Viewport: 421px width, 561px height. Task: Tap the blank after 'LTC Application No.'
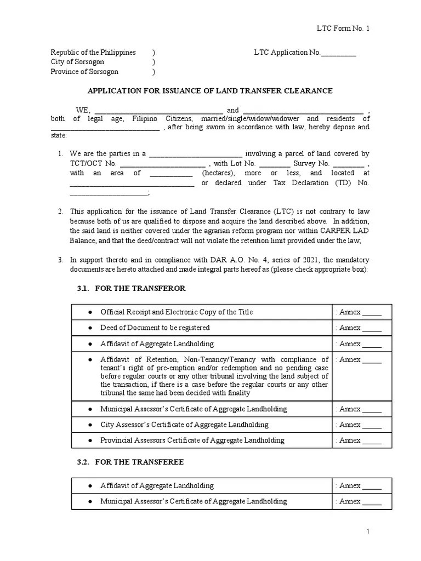[x=338, y=53]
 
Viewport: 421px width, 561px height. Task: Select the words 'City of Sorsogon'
[x=77, y=62]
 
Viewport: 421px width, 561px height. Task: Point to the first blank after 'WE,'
[x=159, y=110]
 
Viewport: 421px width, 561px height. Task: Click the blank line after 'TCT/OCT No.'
[x=162, y=164]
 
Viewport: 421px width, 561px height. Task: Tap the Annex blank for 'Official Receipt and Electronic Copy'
[x=372, y=313]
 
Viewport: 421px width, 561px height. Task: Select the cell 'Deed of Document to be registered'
[x=155, y=328]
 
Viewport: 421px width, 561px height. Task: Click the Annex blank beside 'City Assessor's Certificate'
[x=372, y=425]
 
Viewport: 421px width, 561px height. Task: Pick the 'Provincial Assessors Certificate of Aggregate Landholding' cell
[x=192, y=440]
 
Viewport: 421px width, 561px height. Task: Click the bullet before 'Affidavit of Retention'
[x=90, y=360]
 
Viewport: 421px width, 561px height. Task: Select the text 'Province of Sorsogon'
[x=84, y=72]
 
